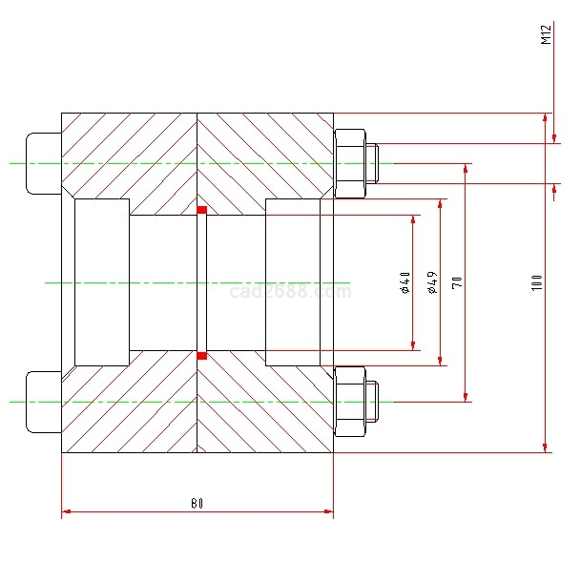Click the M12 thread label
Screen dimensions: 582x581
(x=547, y=35)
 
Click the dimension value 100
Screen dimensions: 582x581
(x=538, y=282)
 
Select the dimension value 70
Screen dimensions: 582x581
(x=458, y=281)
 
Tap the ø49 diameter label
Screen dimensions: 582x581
(x=432, y=282)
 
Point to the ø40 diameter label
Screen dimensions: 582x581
(x=405, y=282)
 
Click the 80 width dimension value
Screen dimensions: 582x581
(x=197, y=502)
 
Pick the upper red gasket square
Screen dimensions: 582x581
(x=201, y=209)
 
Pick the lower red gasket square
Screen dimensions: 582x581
(x=201, y=356)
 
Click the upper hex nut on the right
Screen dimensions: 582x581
(x=350, y=163)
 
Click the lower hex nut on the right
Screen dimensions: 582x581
(x=350, y=402)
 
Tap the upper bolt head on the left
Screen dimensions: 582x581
(x=43, y=163)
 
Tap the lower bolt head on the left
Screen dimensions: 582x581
(x=43, y=402)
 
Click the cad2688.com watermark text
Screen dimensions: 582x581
(x=291, y=292)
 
